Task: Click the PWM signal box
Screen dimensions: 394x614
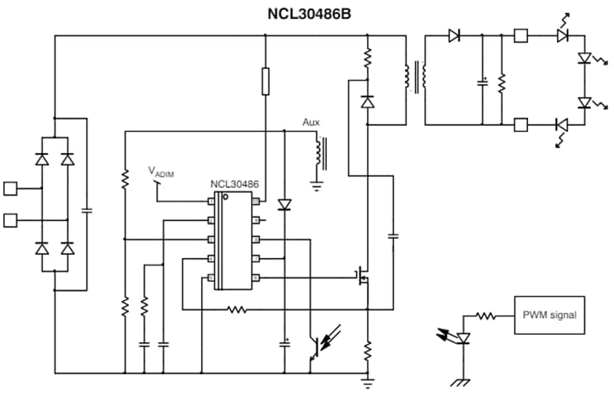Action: tap(549, 314)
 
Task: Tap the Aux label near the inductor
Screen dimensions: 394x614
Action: tap(311, 122)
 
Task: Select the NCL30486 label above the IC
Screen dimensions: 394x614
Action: tap(235, 185)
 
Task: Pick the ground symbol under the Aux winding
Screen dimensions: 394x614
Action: tap(315, 185)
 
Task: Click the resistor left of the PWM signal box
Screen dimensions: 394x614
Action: tap(485, 315)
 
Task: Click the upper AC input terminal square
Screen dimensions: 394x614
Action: tap(11, 187)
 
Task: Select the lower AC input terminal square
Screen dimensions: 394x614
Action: tap(11, 221)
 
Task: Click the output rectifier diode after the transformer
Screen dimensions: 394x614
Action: tap(454, 35)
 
